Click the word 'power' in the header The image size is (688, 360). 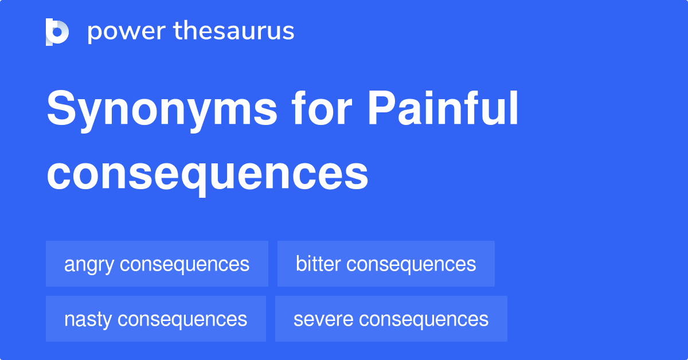coord(124,32)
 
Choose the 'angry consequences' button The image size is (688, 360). coord(157,264)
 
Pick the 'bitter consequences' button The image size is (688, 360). coord(386,264)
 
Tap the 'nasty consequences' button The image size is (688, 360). coord(155,319)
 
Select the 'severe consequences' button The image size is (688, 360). coord(391,319)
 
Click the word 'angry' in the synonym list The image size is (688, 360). coord(89,265)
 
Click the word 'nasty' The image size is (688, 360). coord(88,319)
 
